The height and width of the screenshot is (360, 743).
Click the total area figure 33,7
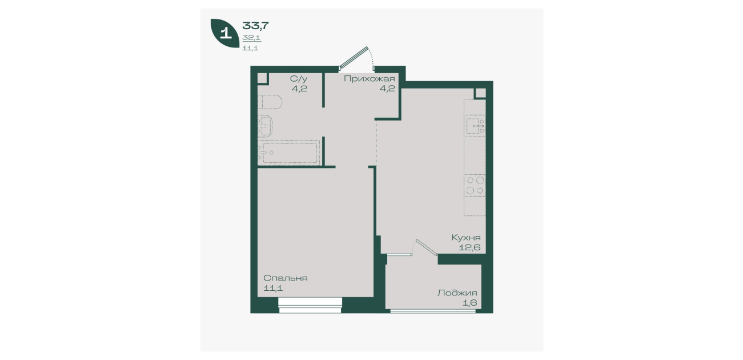(x=255, y=25)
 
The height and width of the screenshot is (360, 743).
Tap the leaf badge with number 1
(x=225, y=33)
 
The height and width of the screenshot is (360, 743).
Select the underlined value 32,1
(x=251, y=38)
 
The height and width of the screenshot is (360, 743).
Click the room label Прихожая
(x=369, y=79)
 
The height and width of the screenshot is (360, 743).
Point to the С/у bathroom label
(x=299, y=79)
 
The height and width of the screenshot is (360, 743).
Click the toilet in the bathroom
(x=270, y=102)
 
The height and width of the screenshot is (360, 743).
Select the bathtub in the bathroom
(x=289, y=153)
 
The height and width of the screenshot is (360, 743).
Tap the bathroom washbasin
(x=266, y=126)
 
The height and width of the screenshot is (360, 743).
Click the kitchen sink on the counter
(x=475, y=126)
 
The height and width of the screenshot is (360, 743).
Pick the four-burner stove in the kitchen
(x=475, y=185)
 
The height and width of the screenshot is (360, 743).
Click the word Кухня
(x=466, y=238)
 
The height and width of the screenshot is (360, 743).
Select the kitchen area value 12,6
(x=469, y=247)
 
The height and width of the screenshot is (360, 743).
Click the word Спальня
(x=285, y=278)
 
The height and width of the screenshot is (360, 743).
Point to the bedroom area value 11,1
(x=273, y=288)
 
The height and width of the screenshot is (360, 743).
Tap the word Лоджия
(x=457, y=293)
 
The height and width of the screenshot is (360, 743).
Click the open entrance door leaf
(x=354, y=58)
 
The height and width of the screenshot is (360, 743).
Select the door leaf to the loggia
(x=427, y=247)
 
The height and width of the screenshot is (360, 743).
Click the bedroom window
(x=310, y=305)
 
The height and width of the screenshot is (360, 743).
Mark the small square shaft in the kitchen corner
(x=480, y=93)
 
